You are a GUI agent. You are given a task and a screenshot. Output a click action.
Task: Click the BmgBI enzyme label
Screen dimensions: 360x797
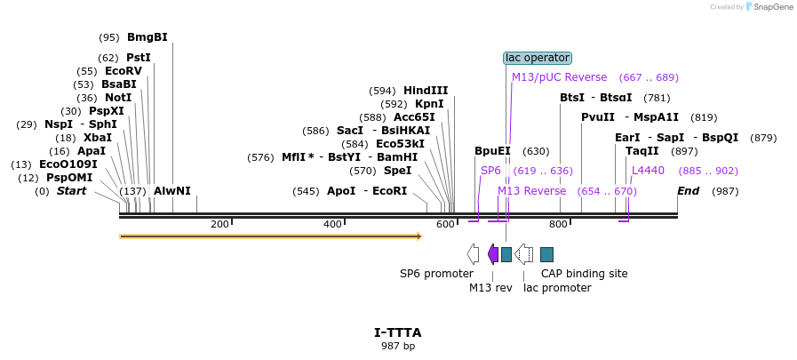147,37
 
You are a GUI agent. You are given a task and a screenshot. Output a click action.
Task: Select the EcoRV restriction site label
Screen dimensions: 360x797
123,71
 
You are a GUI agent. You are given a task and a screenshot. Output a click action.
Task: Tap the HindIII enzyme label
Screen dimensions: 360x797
426,91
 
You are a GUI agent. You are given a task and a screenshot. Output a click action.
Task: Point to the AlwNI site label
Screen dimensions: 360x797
171,191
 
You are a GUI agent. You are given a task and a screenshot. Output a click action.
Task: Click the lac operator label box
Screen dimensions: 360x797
538,58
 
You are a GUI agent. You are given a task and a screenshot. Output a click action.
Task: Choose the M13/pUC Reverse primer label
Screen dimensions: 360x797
559,77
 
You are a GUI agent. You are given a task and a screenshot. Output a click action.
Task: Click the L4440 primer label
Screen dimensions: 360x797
648,171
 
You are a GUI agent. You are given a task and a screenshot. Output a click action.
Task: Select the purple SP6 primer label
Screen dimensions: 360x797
490,171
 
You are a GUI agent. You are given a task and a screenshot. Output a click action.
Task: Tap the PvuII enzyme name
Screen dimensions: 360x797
598,117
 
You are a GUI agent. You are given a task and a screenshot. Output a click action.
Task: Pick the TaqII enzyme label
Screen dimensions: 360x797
642,151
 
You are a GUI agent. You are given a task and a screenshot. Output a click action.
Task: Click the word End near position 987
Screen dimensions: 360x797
688,191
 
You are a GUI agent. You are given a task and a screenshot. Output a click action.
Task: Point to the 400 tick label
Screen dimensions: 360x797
332,224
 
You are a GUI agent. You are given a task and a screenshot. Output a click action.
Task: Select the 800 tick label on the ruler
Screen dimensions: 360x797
558,224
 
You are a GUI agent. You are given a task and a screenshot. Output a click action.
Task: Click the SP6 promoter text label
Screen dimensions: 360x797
436,274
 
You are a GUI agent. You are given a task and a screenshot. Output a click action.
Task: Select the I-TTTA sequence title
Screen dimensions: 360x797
398,333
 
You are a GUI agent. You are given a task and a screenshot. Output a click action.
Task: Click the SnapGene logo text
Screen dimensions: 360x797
771,7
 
